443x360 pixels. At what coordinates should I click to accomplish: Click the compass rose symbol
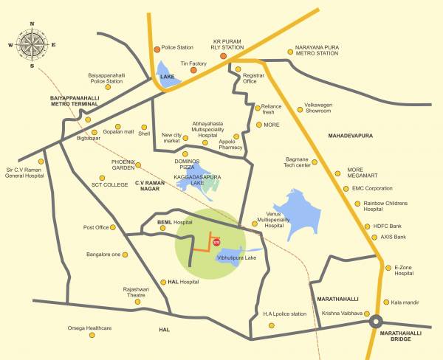click(x=32, y=41)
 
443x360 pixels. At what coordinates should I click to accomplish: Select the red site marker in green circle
click(x=216, y=240)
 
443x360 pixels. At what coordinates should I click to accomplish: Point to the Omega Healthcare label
click(x=90, y=328)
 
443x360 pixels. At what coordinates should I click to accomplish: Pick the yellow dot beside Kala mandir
click(x=385, y=302)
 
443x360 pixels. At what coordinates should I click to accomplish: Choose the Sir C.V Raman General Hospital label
click(x=26, y=174)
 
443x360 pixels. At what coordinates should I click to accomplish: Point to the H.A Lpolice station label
click(x=284, y=314)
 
